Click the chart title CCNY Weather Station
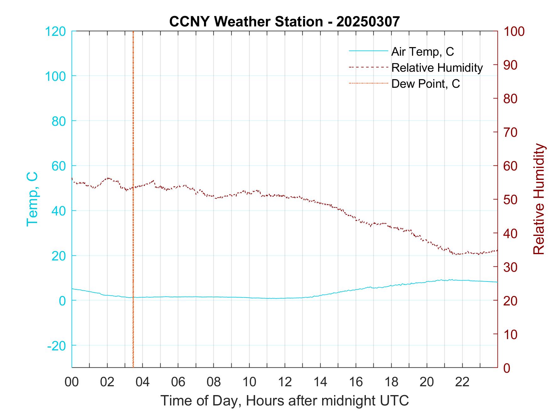246,21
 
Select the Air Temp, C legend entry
422,52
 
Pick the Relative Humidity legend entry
437,68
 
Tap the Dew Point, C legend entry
425,84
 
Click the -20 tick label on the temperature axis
57,346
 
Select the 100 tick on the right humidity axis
514,31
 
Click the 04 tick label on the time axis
142,382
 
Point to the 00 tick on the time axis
72,382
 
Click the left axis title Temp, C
32,199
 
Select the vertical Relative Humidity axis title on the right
539,199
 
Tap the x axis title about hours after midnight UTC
284,401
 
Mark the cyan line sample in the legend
368,51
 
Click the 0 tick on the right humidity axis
507,368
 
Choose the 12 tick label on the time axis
284,382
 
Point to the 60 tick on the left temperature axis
58,166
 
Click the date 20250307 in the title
368,21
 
